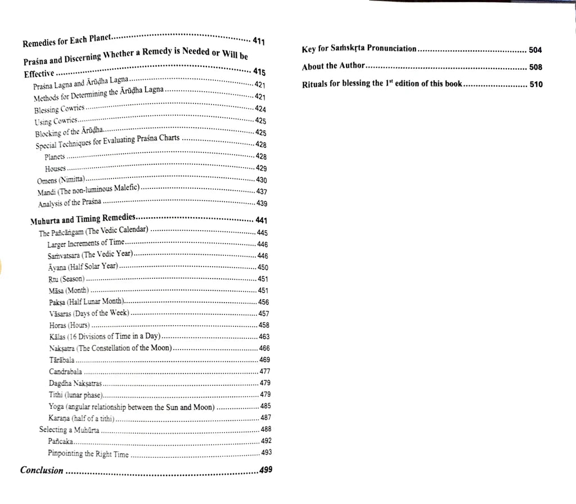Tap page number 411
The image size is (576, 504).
(259, 41)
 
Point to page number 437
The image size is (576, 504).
(261, 191)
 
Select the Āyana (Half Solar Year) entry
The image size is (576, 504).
(83, 267)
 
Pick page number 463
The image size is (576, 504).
(264, 336)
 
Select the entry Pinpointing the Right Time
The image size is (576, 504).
(88, 453)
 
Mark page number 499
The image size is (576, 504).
(266, 470)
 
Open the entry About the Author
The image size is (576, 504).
(334, 66)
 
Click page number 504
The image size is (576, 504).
(535, 49)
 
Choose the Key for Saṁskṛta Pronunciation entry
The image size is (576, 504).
(359, 49)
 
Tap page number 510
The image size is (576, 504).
(535, 84)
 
